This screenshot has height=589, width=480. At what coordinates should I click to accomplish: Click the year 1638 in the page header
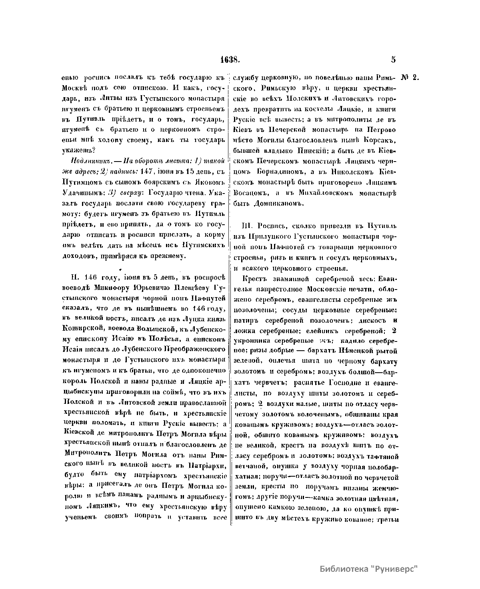click(x=229, y=60)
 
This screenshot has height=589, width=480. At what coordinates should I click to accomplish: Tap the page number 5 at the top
click(x=394, y=60)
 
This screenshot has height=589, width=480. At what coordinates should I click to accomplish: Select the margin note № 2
click(x=410, y=78)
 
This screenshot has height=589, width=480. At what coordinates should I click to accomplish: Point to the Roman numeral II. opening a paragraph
click(x=74, y=277)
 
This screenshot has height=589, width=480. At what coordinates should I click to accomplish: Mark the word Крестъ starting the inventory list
click(x=255, y=278)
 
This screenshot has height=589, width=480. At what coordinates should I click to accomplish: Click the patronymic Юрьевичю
click(x=143, y=287)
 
